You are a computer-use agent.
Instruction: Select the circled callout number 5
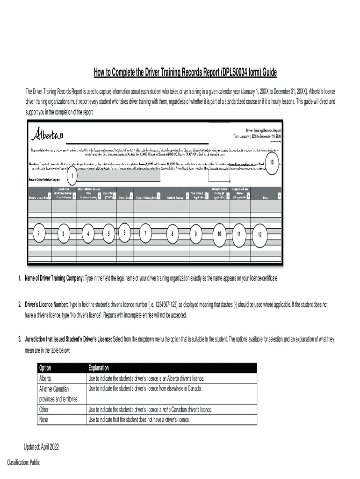[x=108, y=234]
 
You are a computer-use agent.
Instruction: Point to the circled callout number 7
[x=145, y=233]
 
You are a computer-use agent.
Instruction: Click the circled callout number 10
[x=218, y=233]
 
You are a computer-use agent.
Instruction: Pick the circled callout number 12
[x=260, y=234]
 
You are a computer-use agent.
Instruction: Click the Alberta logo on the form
[x=47, y=135]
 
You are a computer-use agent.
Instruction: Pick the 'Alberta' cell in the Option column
[x=45, y=378]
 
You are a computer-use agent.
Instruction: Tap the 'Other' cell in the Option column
[x=43, y=410]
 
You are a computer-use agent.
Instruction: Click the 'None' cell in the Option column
[x=43, y=420]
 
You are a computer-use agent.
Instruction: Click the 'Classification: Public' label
[x=23, y=463]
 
